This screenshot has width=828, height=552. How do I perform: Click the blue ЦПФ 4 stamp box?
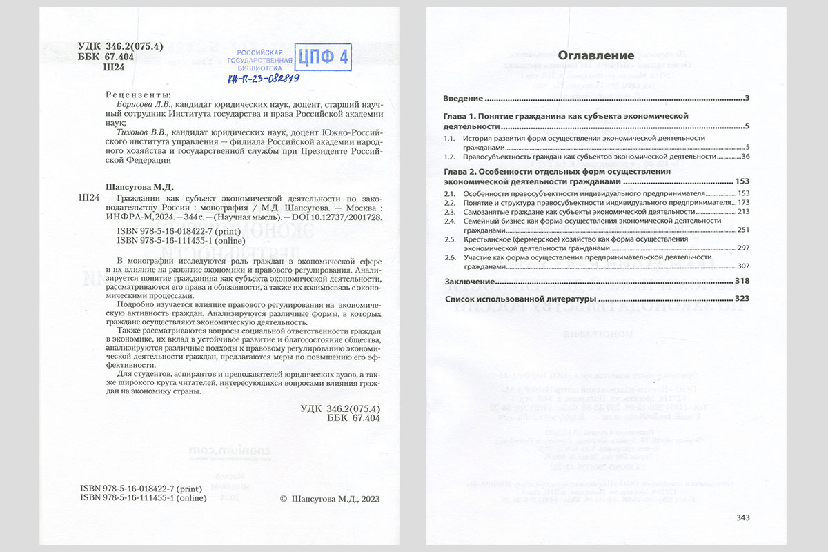[x=323, y=57]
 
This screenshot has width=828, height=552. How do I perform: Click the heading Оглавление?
[x=595, y=55]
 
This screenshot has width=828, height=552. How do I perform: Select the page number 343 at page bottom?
[x=742, y=517]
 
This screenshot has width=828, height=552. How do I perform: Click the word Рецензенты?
[x=137, y=95]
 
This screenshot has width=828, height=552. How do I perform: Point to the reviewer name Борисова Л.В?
[x=143, y=103]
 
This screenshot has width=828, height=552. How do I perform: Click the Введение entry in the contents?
[x=462, y=98]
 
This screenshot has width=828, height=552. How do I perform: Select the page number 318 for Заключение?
[x=742, y=282]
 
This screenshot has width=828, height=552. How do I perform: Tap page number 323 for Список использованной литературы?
[x=742, y=299]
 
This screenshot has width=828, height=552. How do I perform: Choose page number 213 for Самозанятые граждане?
[x=742, y=212]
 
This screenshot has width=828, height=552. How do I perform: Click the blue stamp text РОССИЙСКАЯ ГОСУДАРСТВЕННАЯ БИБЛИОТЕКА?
[x=259, y=61]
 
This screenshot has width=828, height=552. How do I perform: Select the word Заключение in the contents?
[x=469, y=282]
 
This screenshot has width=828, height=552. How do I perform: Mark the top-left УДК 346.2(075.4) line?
[x=120, y=46]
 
